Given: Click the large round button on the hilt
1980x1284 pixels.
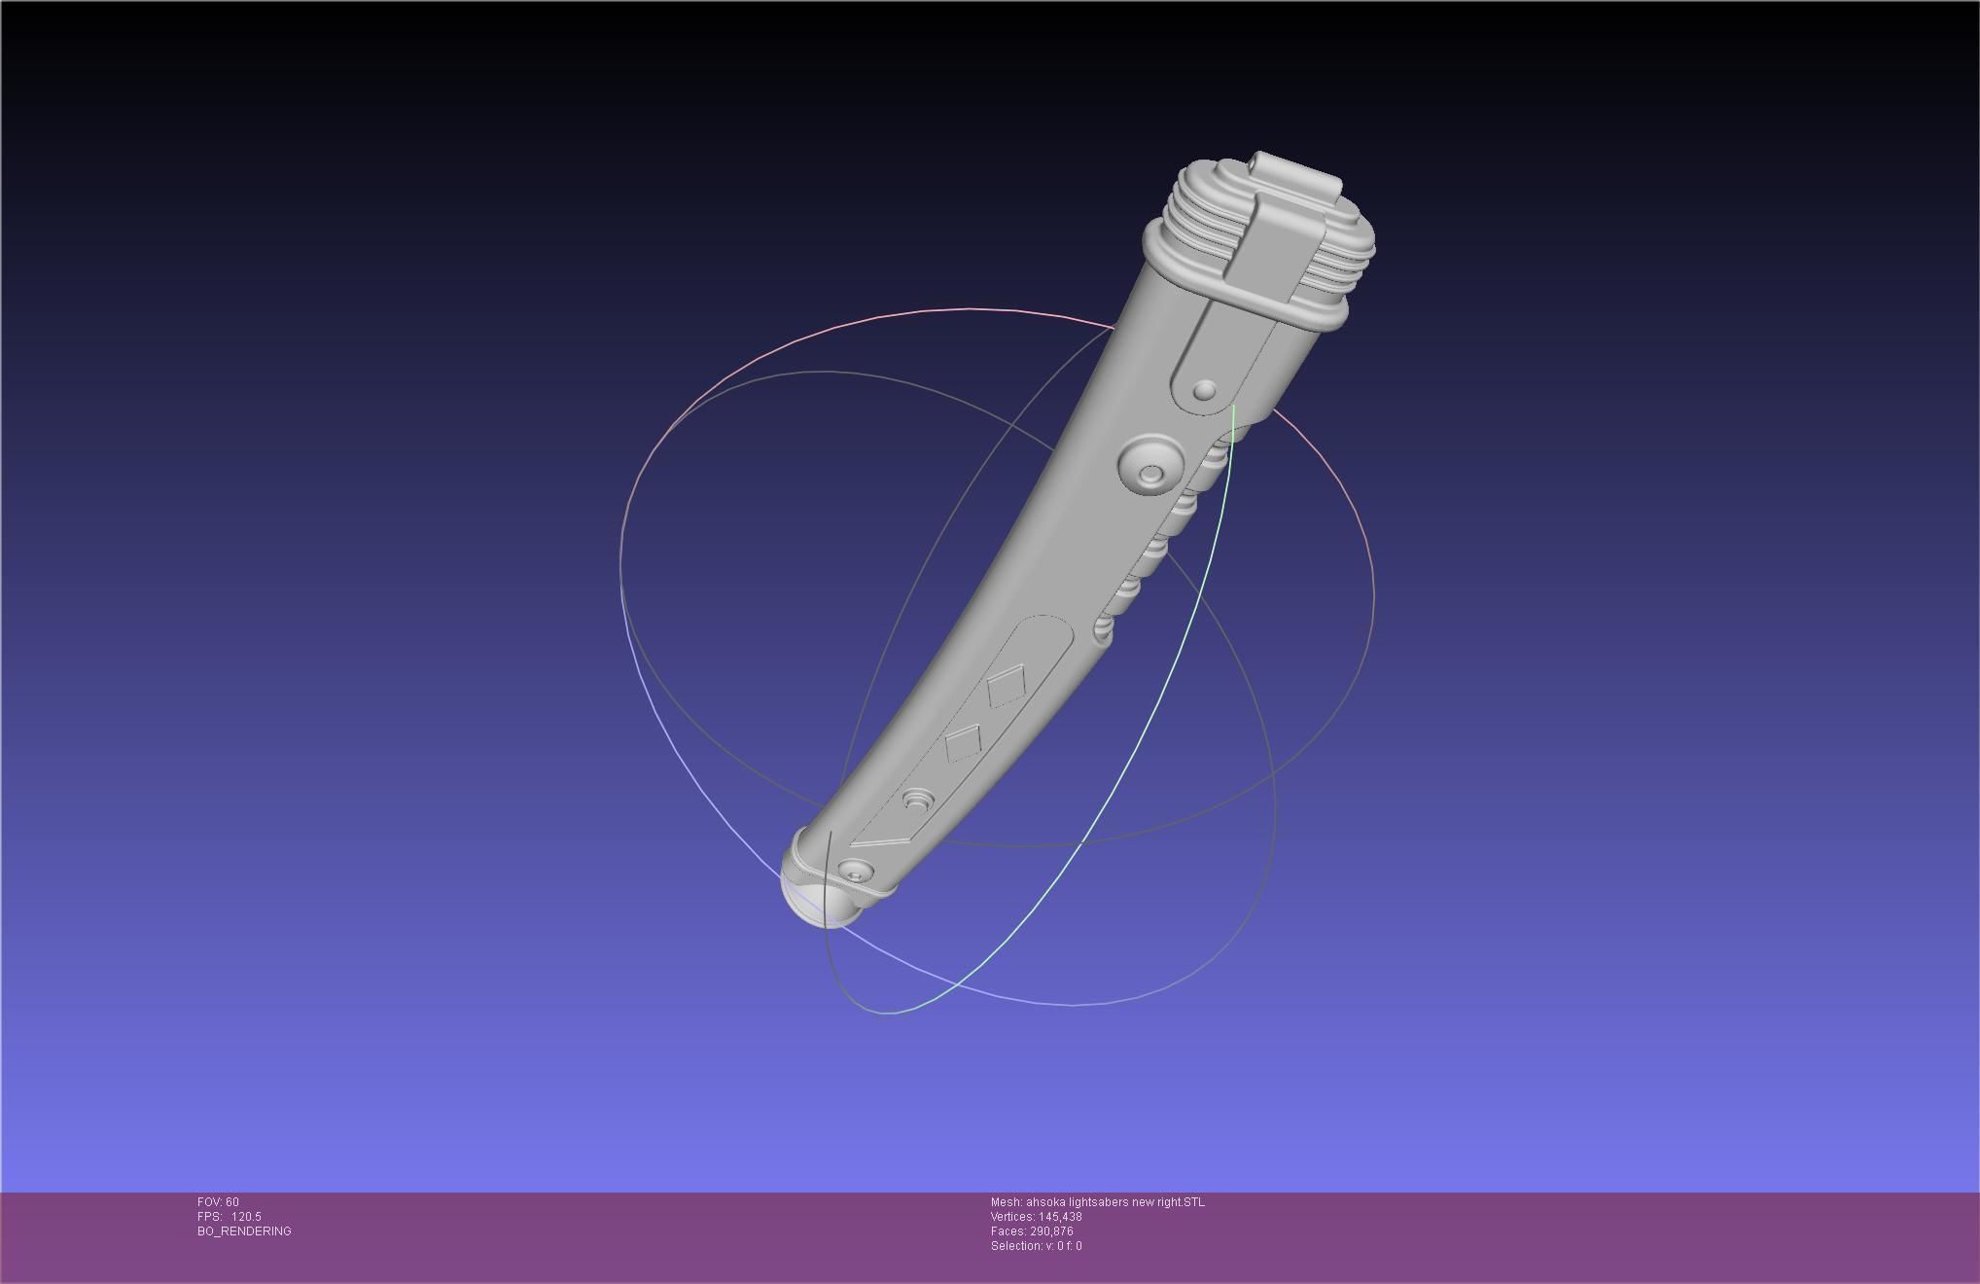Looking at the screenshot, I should click(1150, 464).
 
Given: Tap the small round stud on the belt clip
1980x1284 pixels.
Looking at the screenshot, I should click(1204, 391).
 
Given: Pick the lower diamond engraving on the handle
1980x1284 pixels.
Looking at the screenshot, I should click(963, 742).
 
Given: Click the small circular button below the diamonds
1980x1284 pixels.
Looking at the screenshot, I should click(917, 801).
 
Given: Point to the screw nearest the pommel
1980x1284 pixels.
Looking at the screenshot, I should click(854, 872).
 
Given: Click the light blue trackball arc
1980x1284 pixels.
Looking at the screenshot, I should click(700, 778).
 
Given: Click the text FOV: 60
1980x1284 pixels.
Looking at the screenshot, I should click(218, 1202).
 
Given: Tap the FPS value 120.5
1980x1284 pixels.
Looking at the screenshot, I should click(246, 1217).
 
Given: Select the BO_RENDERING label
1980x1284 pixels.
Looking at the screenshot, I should click(244, 1231).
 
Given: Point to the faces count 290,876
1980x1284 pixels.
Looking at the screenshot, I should click(1054, 1231).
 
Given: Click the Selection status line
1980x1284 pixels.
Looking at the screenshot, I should click(1036, 1246).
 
